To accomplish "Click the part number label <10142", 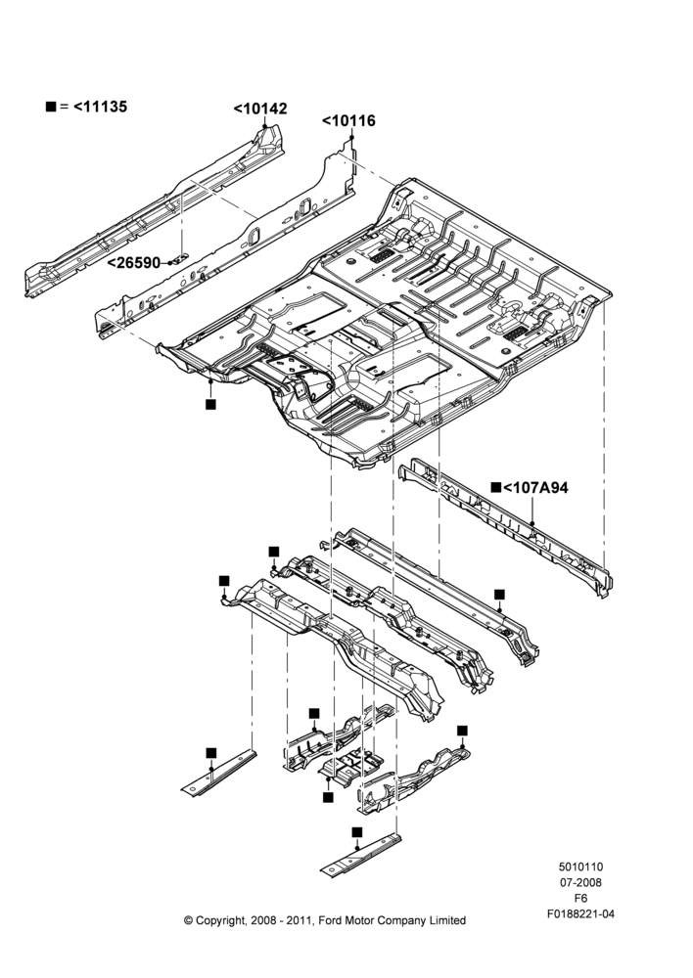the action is point(260,109).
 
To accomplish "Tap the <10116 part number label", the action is point(349,120).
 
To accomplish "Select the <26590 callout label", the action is point(133,263).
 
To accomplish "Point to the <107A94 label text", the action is point(535,488).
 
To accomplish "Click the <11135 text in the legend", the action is point(101,107).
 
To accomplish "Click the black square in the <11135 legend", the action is point(51,107).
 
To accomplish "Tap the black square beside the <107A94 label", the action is point(496,487).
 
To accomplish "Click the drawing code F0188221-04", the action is point(580,914).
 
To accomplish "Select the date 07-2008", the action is point(580,882).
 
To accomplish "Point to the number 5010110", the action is point(580,867).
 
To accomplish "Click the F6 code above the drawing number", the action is point(580,899).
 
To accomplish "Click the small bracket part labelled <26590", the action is point(179,259).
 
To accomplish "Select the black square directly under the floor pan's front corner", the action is point(211,404).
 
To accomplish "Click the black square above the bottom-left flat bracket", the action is point(211,753).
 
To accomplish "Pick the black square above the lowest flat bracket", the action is point(357,832).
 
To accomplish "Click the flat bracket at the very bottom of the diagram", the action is point(361,857).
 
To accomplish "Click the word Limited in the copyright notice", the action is point(446,920).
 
